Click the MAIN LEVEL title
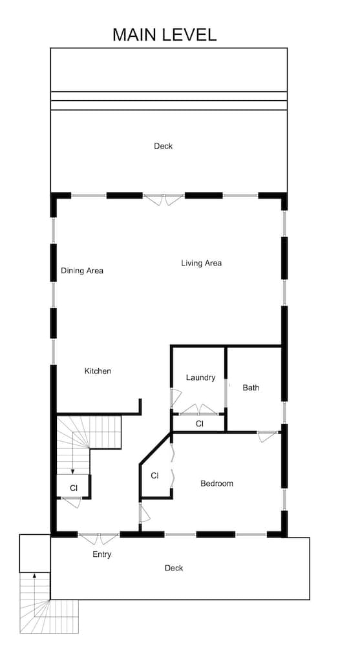[x=164, y=34]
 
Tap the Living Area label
[x=201, y=263]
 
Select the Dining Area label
[x=82, y=271]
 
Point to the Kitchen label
[x=98, y=371]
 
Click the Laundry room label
[x=200, y=377]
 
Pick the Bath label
[x=251, y=388]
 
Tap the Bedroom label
[x=217, y=483]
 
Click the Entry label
[x=101, y=554]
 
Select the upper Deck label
[x=163, y=146]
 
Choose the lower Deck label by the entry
[x=173, y=568]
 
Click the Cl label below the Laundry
[x=199, y=424]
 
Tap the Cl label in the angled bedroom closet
[x=154, y=475]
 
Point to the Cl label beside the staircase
[x=74, y=488]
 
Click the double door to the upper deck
[x=164, y=199]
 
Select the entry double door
[x=99, y=537]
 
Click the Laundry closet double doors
[x=198, y=410]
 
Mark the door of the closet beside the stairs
[x=71, y=503]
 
